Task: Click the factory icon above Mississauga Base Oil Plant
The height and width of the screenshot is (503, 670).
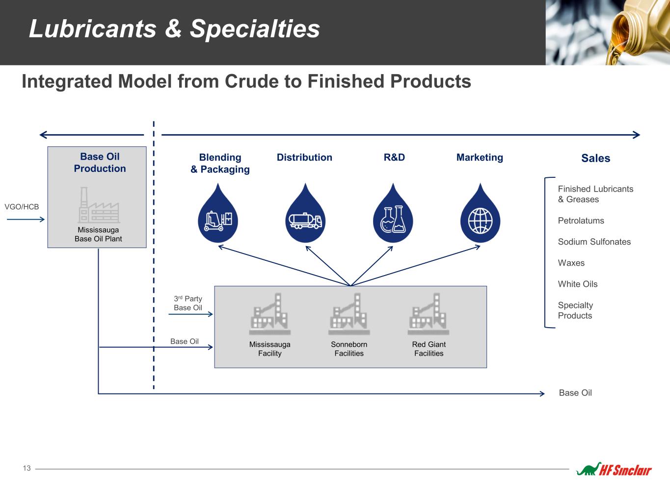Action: click(99, 206)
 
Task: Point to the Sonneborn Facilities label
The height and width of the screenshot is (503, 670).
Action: click(349, 349)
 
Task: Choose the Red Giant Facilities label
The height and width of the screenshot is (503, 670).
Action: click(429, 349)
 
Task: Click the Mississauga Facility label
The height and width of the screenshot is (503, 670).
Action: click(269, 349)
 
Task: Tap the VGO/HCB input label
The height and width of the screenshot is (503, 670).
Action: click(22, 207)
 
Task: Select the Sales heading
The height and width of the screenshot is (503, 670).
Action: click(595, 158)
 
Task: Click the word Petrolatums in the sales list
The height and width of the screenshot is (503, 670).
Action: click(581, 221)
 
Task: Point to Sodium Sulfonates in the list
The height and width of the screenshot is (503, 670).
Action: click(594, 242)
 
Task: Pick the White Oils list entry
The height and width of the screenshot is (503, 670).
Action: click(577, 284)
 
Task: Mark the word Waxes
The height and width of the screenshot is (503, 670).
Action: click(571, 263)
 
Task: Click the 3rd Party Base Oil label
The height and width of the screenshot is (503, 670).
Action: click(188, 303)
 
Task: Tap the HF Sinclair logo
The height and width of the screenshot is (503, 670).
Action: click(614, 470)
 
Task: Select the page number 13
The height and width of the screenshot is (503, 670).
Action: click(27, 468)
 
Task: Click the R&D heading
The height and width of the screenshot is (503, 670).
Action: click(394, 157)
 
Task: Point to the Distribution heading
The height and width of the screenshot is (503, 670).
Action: click(304, 157)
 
